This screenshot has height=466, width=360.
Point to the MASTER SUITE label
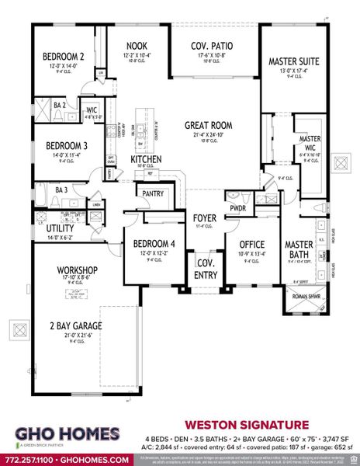[x=294, y=61]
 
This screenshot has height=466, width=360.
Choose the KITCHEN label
[x=145, y=159]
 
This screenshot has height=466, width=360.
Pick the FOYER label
[x=206, y=218]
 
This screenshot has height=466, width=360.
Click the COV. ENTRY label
[x=206, y=267]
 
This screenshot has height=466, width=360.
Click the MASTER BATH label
[x=299, y=250]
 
